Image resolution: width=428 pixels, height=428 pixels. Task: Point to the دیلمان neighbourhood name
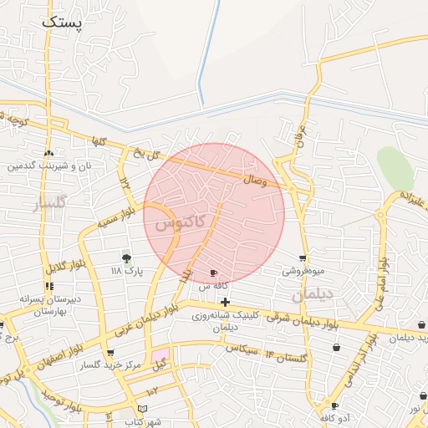pos(313,294)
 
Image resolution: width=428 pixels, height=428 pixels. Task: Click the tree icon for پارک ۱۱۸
pos(127,257)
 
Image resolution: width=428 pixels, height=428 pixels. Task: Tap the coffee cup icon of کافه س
pos(213,273)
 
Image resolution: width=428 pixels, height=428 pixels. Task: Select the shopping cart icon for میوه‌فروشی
pos(303,258)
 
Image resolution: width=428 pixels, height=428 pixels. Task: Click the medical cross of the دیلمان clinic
pos(225,302)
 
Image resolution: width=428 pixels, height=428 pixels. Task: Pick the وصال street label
pos(254,179)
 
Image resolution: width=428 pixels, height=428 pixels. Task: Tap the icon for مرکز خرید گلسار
pos(110,354)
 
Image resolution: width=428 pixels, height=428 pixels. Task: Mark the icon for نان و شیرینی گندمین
pos(48,154)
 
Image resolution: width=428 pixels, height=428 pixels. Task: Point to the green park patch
pos(395,168)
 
